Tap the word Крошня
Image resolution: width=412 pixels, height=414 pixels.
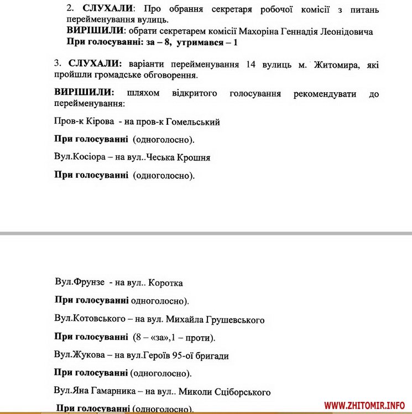tap(194, 158)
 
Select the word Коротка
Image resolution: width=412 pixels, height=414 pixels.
tap(166, 283)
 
